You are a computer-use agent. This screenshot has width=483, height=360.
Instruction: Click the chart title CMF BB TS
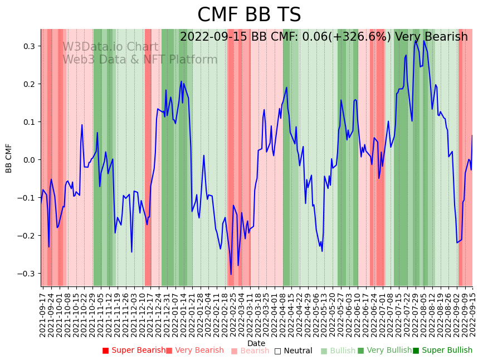pos(249,15)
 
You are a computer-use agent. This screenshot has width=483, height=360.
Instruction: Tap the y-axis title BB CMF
pos(9,158)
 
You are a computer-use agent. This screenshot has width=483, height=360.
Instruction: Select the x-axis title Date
pos(256,343)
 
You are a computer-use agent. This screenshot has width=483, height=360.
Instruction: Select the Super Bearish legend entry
pos(134,351)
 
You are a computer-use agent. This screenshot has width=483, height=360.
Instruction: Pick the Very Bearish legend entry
pos(195,351)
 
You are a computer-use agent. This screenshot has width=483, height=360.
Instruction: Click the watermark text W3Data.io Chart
pos(110,47)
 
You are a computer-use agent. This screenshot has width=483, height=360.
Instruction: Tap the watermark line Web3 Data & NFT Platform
pos(140,60)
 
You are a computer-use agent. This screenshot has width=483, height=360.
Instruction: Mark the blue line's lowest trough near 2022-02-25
pos(231,274)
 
